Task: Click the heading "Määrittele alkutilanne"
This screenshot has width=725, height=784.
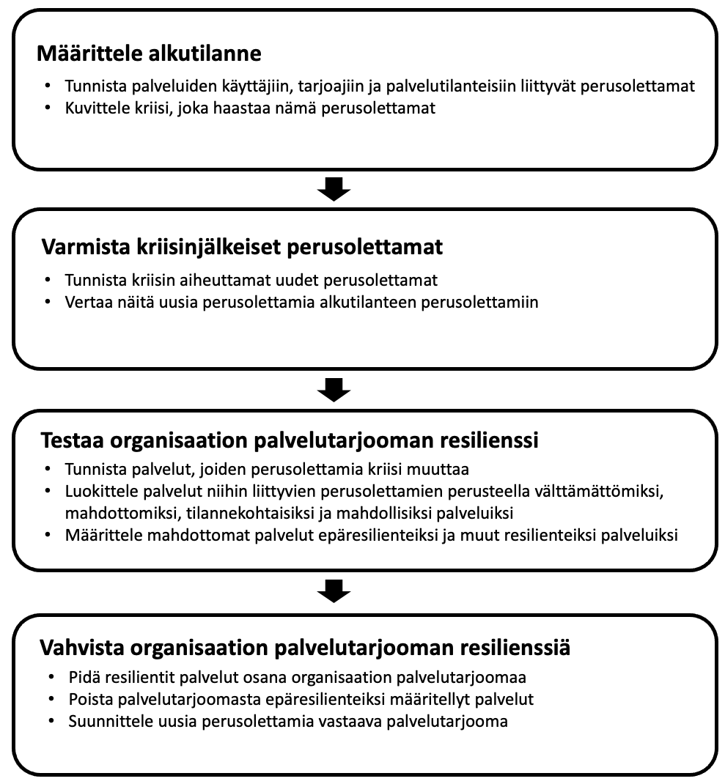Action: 149,53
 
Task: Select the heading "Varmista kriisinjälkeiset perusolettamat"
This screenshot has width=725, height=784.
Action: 242,247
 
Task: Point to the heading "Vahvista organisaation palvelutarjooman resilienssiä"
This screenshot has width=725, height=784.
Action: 305,648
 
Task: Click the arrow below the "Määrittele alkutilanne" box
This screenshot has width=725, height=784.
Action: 334,190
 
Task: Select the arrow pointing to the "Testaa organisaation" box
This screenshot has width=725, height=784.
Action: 334,389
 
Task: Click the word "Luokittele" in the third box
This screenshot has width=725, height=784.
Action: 96,489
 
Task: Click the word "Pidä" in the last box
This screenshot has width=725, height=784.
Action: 82,676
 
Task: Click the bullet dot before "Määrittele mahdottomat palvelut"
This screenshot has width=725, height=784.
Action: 48,535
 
